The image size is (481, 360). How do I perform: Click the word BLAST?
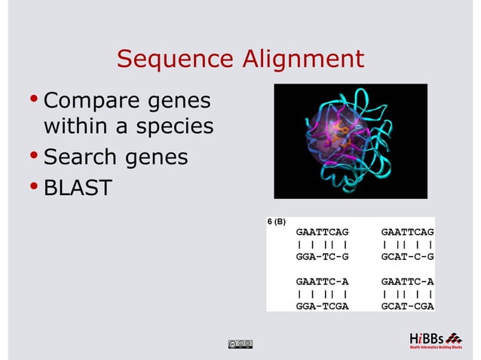click(x=78, y=188)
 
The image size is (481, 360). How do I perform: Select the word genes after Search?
click(x=159, y=159)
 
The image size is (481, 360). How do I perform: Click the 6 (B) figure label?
click(x=276, y=222)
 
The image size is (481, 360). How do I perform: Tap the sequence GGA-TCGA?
click(x=323, y=307)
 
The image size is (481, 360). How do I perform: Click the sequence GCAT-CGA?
click(x=408, y=307)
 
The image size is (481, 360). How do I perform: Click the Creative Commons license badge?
click(x=239, y=344)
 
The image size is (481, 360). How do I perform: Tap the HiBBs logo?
click(x=435, y=339)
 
